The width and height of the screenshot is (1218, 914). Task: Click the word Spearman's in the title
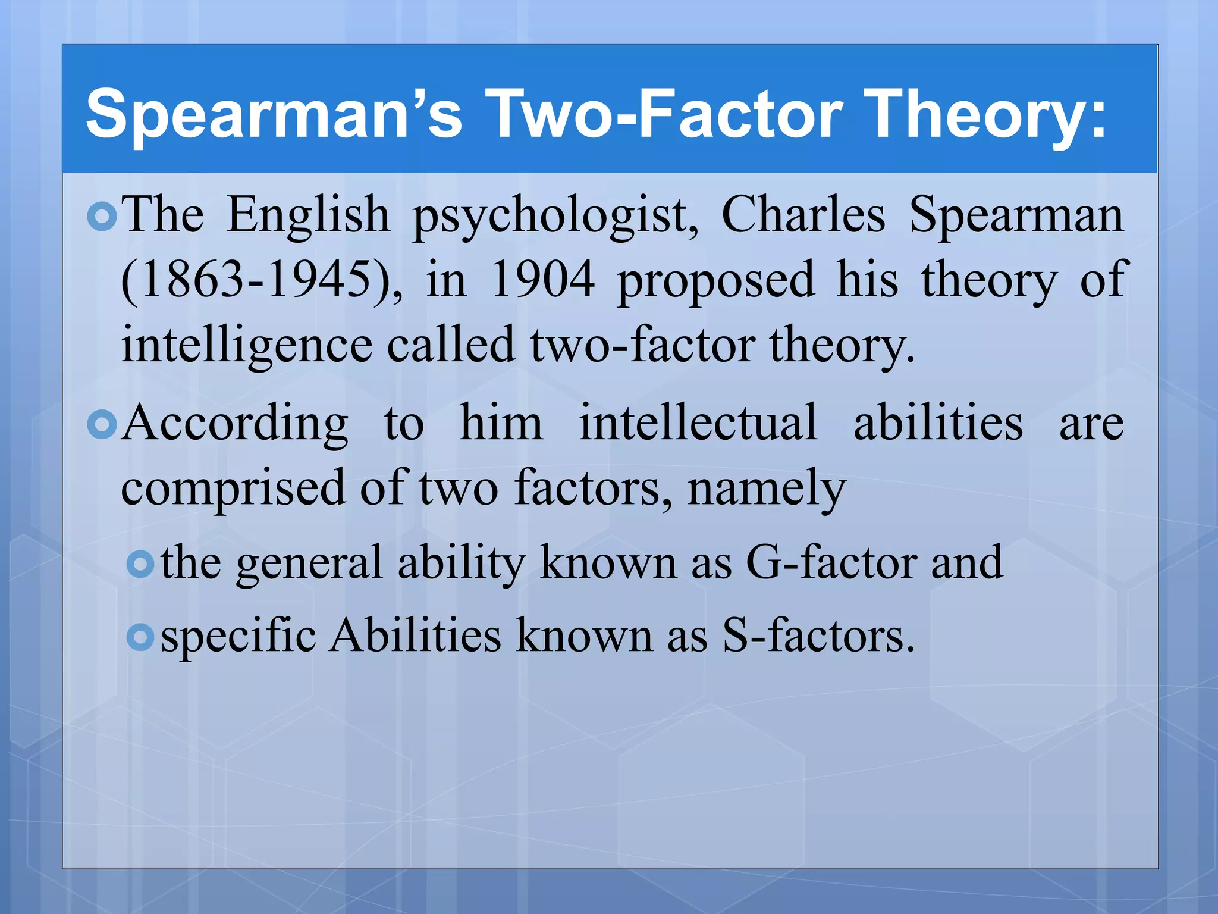pyautogui.click(x=274, y=113)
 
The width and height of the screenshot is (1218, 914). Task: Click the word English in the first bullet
pyautogui.click(x=308, y=215)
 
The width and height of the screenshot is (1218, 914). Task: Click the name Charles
pyautogui.click(x=803, y=215)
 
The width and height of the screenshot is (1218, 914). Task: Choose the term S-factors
pyautogui.click(x=818, y=636)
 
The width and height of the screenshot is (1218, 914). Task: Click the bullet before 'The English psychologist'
pyautogui.click(x=102, y=217)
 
